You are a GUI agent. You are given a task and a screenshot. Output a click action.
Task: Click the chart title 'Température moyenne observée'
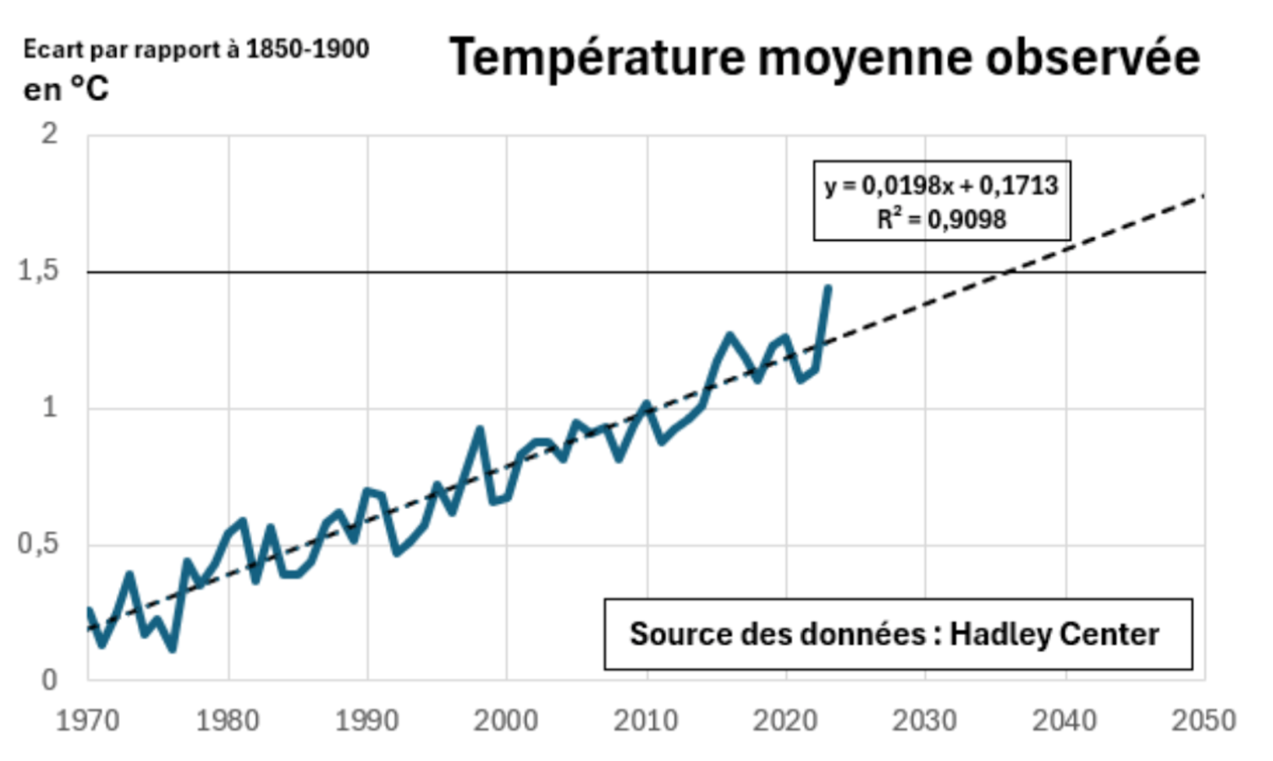pyautogui.click(x=824, y=58)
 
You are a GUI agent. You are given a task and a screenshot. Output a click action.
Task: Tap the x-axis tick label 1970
pyautogui.click(x=88, y=721)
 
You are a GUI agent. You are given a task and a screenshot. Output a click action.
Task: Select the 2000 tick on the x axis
pyautogui.click(x=506, y=721)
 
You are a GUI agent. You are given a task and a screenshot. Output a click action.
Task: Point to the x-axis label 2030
pyautogui.click(x=925, y=721)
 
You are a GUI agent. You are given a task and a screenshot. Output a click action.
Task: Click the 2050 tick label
pyautogui.click(x=1204, y=721)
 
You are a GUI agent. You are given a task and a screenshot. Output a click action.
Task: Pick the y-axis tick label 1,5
pyautogui.click(x=38, y=271)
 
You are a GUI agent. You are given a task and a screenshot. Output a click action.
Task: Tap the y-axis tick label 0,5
pyautogui.click(x=38, y=544)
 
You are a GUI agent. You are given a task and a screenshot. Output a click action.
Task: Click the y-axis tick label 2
pyautogui.click(x=50, y=135)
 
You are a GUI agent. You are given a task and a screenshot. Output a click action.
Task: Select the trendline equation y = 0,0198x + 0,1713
pyautogui.click(x=941, y=186)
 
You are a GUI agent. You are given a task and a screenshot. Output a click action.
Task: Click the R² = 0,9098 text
pyautogui.click(x=941, y=219)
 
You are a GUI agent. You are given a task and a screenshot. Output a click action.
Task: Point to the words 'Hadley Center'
pyautogui.click(x=1054, y=634)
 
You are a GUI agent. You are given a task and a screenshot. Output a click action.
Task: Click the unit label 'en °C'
pyautogui.click(x=66, y=89)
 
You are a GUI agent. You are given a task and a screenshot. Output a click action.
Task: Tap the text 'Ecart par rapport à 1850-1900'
pyautogui.click(x=196, y=50)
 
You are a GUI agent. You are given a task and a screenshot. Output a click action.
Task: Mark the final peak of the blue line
pyautogui.click(x=828, y=288)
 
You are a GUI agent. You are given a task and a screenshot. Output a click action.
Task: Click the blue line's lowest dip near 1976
pyautogui.click(x=173, y=648)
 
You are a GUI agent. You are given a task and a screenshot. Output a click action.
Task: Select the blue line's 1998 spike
pyautogui.click(x=479, y=430)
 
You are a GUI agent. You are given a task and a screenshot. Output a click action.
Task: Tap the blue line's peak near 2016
pyautogui.click(x=730, y=335)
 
